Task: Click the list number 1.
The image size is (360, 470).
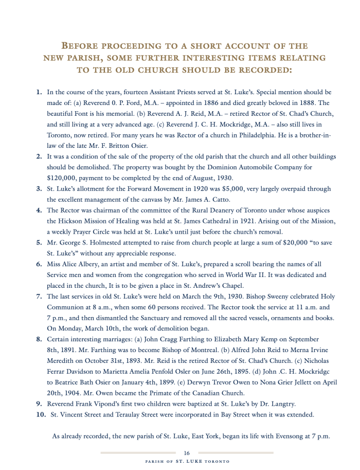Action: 39,93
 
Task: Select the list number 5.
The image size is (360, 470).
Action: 39,242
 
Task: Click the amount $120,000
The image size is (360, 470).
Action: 62,178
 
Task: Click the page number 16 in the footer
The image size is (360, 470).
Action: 187,452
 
